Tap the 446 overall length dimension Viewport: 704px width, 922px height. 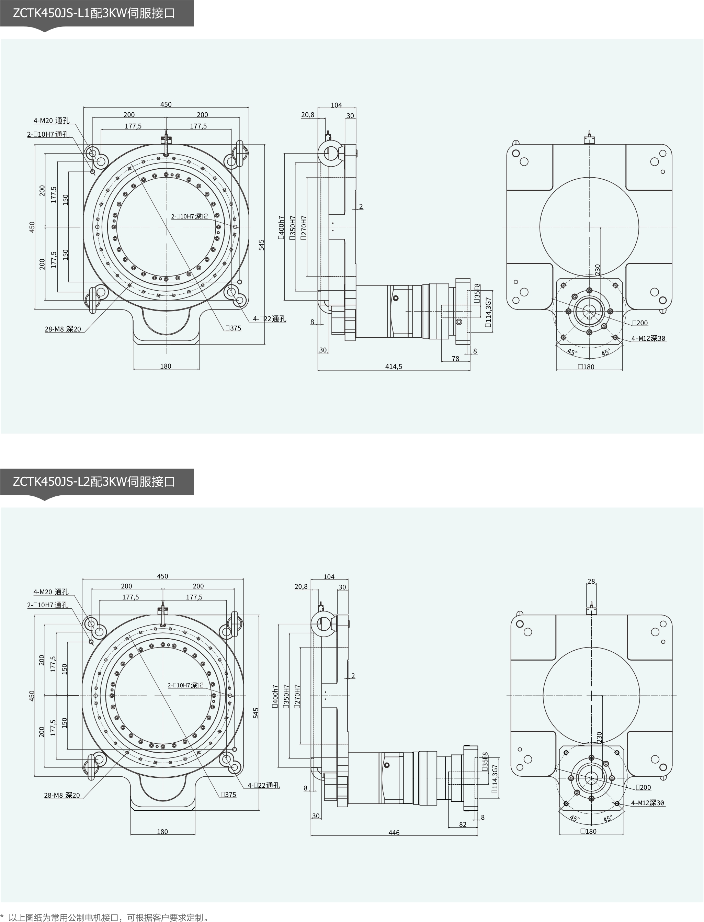click(394, 833)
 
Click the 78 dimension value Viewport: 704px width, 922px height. click(455, 359)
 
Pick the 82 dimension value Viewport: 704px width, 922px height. click(463, 824)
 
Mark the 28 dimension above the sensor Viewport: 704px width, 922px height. click(591, 581)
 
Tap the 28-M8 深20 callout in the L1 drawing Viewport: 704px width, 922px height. click(63, 329)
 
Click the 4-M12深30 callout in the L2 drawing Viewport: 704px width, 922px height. click(647, 803)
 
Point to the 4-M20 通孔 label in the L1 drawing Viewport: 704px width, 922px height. click(52, 121)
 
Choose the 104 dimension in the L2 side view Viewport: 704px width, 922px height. click(329, 577)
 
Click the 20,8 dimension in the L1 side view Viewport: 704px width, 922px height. click(308, 115)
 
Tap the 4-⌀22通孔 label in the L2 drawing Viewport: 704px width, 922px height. click(264, 785)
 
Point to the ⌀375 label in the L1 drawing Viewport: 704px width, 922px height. click(234, 328)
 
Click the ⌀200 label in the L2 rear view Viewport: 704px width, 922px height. click(643, 787)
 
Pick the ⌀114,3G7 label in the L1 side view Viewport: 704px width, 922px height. click(488, 312)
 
